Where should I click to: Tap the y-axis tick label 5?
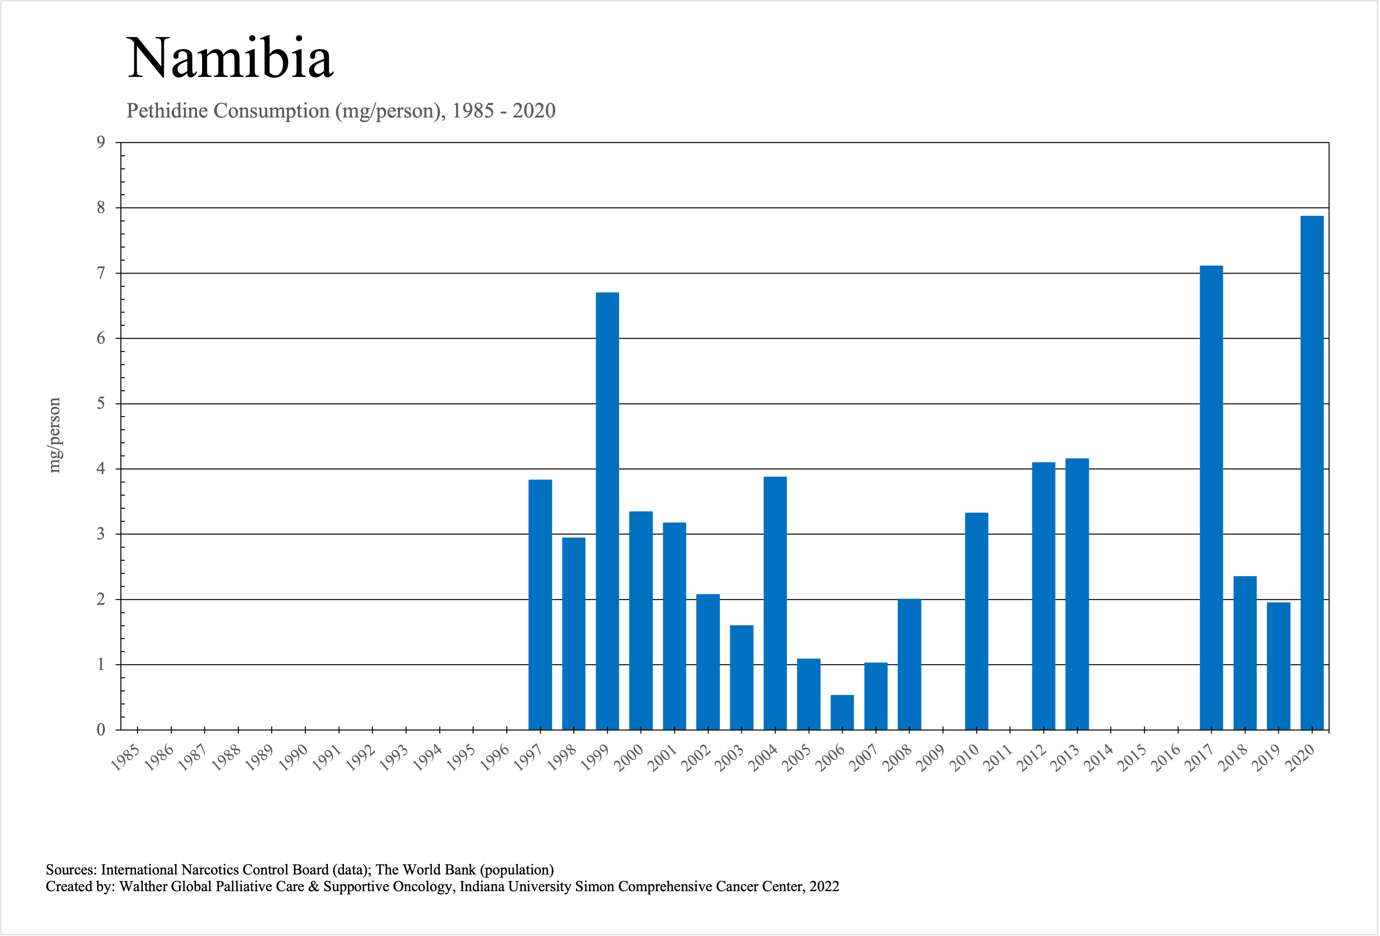[101, 404]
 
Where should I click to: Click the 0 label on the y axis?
[101, 730]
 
